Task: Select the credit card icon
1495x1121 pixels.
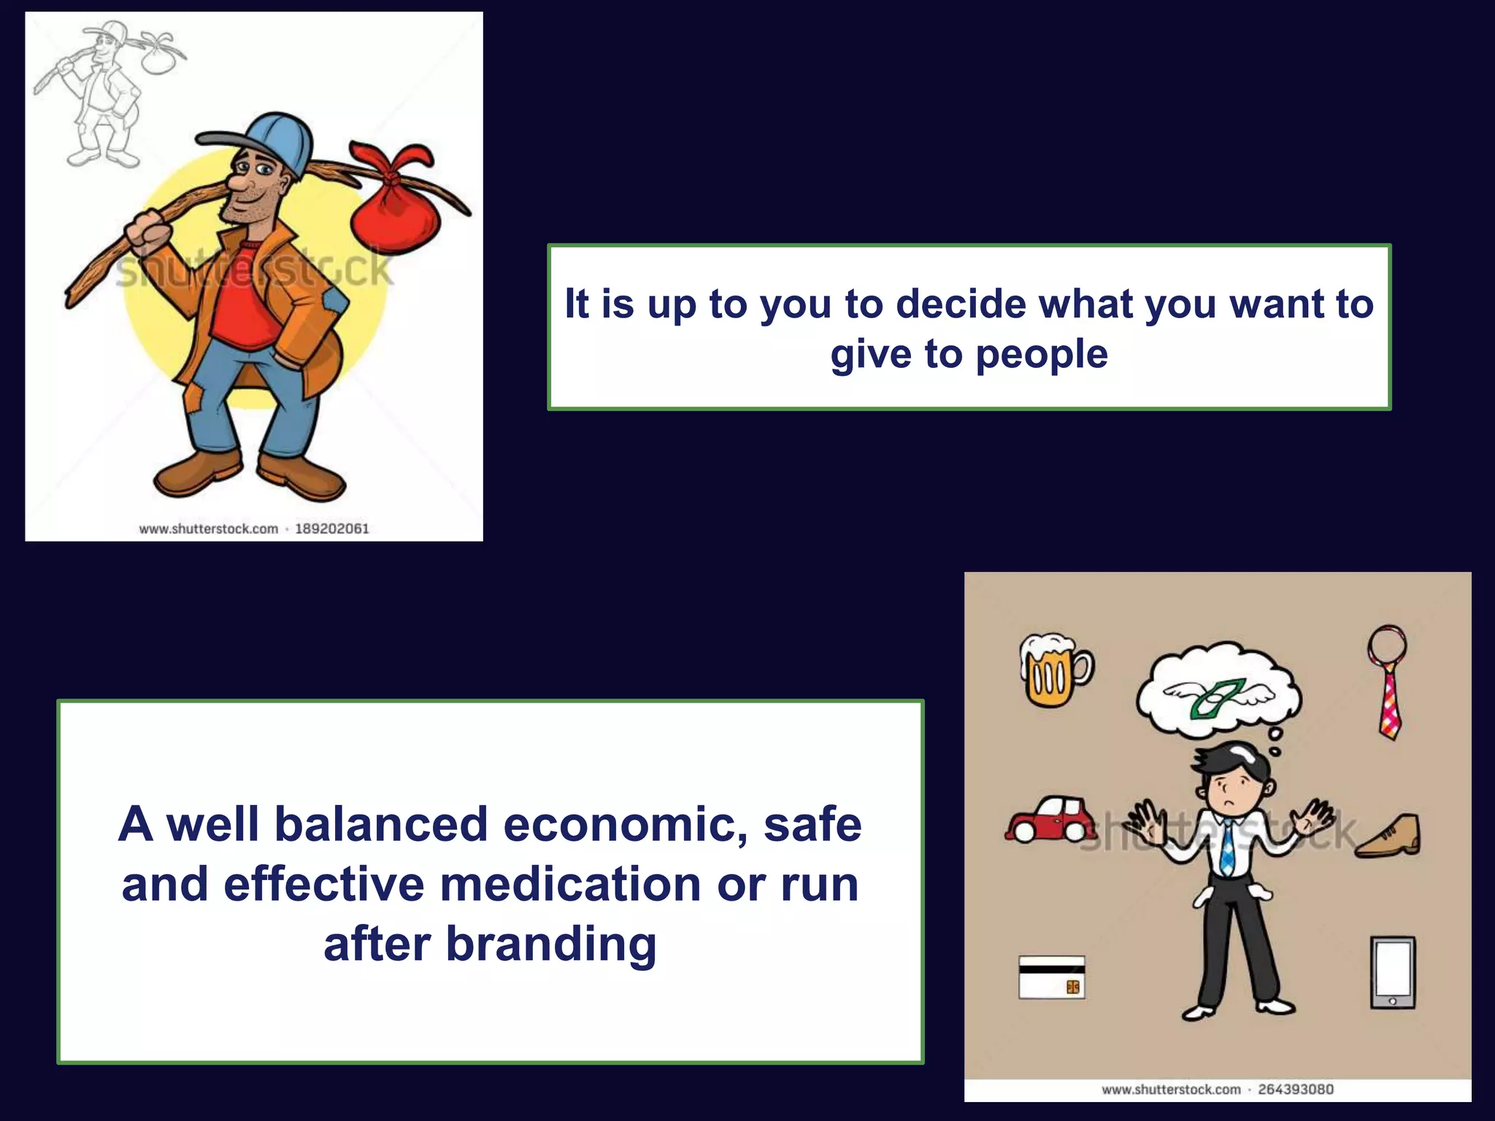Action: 1051,976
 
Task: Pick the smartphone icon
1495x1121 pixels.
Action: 1392,973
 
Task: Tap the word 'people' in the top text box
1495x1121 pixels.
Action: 1042,355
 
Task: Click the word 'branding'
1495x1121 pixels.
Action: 551,944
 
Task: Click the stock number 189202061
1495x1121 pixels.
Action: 332,528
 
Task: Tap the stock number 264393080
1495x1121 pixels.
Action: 1296,1090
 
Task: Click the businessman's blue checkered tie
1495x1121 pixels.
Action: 1229,847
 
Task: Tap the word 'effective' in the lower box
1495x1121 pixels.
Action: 323,885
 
